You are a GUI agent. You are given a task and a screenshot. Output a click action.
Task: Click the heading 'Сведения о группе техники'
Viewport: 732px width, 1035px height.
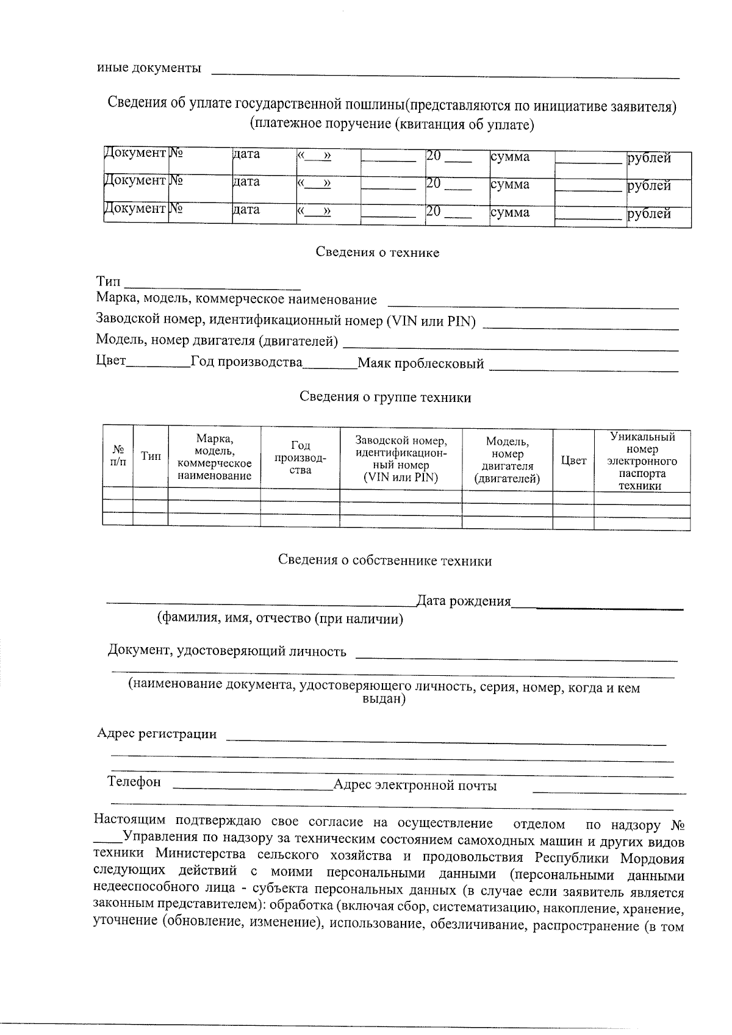(x=385, y=398)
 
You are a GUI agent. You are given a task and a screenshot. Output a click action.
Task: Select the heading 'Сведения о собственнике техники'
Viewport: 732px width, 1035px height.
(x=385, y=560)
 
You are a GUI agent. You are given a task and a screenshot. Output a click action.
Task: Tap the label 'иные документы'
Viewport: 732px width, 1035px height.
(x=149, y=68)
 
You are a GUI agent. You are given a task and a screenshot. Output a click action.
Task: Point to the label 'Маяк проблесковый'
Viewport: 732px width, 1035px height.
(x=420, y=364)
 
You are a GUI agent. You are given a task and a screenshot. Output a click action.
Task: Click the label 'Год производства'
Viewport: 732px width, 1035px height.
(x=246, y=362)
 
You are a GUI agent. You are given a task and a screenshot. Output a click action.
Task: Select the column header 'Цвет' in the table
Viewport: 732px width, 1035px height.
(x=573, y=460)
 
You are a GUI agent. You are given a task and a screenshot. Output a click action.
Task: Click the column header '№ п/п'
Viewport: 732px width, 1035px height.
(x=118, y=456)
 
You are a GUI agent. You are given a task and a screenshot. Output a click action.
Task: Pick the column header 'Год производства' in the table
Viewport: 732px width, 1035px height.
(x=300, y=457)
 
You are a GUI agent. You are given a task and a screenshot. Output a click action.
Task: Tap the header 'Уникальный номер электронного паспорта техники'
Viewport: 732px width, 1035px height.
(x=642, y=461)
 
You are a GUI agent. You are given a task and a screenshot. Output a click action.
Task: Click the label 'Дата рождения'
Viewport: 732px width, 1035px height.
(x=463, y=601)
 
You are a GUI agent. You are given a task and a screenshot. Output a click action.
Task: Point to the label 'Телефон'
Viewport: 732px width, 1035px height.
(x=134, y=782)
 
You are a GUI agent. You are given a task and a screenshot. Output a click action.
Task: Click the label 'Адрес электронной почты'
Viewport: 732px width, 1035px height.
(x=415, y=786)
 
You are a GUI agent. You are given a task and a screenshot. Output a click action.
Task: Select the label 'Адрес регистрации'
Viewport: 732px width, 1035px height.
(x=157, y=734)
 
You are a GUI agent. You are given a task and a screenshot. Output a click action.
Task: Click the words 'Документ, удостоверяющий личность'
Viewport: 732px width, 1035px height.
(x=227, y=651)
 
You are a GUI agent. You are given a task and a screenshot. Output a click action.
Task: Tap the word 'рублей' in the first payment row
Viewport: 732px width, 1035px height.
(x=649, y=159)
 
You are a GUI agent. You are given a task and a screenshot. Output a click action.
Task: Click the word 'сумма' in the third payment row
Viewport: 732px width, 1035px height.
(x=510, y=213)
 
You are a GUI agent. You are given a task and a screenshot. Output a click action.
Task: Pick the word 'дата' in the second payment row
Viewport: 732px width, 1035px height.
(x=246, y=182)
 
